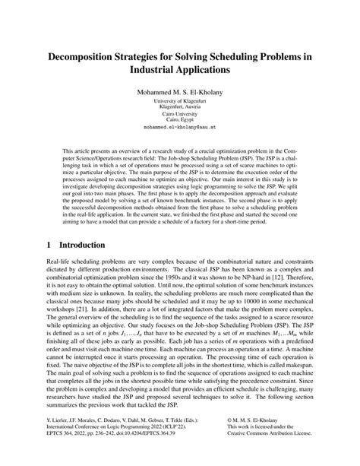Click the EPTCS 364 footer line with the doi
click(x=95, y=454)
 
